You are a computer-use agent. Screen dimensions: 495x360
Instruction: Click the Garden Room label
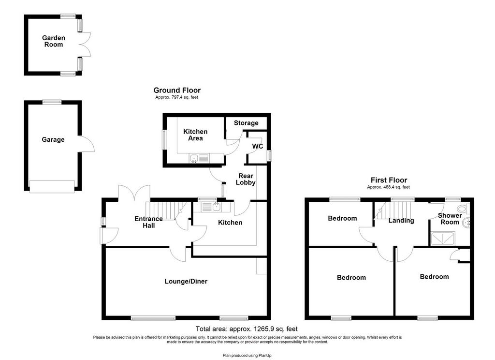(53, 41)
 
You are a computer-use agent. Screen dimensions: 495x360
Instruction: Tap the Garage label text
(53, 139)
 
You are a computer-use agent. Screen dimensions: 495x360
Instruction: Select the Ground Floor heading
(177, 90)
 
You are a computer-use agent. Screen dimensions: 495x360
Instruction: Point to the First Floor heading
(389, 180)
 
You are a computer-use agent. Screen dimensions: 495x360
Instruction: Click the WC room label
(258, 146)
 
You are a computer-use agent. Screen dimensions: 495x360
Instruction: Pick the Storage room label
(246, 123)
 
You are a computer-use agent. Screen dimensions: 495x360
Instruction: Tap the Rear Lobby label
(246, 179)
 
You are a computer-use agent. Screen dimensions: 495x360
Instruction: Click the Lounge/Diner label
(186, 281)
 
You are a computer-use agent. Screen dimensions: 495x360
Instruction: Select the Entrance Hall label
(149, 222)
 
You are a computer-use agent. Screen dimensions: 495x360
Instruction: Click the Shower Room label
(450, 219)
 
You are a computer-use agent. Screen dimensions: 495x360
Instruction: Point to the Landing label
(401, 220)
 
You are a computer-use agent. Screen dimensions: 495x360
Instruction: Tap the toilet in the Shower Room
(464, 208)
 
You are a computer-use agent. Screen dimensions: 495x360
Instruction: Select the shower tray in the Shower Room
(443, 239)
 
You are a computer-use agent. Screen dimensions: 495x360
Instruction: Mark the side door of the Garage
(87, 144)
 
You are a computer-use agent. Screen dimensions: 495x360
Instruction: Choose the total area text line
(247, 329)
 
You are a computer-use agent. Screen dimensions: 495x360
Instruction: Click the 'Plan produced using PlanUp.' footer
(247, 356)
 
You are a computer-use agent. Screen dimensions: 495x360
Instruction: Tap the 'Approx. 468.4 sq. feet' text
(388, 187)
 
